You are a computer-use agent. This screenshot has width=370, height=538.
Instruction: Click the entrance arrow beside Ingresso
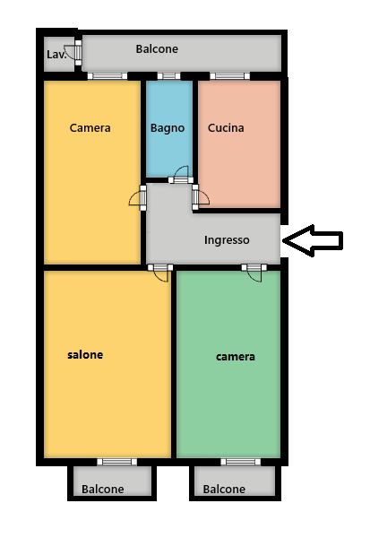click(x=313, y=240)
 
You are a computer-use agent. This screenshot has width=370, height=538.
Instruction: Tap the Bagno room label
click(x=168, y=128)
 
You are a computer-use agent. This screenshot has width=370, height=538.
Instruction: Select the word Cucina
click(x=226, y=128)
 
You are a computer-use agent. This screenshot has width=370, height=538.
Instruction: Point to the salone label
click(x=85, y=354)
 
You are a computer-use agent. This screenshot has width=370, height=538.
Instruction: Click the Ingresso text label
click(x=227, y=240)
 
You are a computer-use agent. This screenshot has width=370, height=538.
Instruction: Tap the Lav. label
click(x=56, y=55)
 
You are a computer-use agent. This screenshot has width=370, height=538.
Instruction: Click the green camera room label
click(x=236, y=357)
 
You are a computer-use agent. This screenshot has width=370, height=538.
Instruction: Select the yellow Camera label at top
click(x=90, y=128)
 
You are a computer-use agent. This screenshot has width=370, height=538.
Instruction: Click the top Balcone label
click(x=157, y=49)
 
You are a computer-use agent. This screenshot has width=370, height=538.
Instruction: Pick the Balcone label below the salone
click(x=102, y=489)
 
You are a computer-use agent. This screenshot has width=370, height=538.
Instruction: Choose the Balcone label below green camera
click(x=224, y=489)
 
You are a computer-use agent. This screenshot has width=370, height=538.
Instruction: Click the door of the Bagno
click(x=181, y=175)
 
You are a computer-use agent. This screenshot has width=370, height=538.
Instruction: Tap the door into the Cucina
click(x=201, y=197)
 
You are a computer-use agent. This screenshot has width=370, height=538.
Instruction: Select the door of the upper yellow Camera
click(x=138, y=197)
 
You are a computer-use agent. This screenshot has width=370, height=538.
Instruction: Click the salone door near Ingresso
click(x=160, y=273)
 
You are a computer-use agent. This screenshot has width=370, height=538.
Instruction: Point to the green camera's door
click(x=254, y=273)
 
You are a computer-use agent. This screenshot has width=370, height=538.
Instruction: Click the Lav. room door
click(x=73, y=53)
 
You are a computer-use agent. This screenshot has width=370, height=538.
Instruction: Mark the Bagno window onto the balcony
click(x=168, y=76)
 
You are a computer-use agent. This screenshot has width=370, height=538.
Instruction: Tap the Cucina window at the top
click(x=229, y=76)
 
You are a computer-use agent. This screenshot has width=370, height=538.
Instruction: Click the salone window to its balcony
click(x=117, y=462)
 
